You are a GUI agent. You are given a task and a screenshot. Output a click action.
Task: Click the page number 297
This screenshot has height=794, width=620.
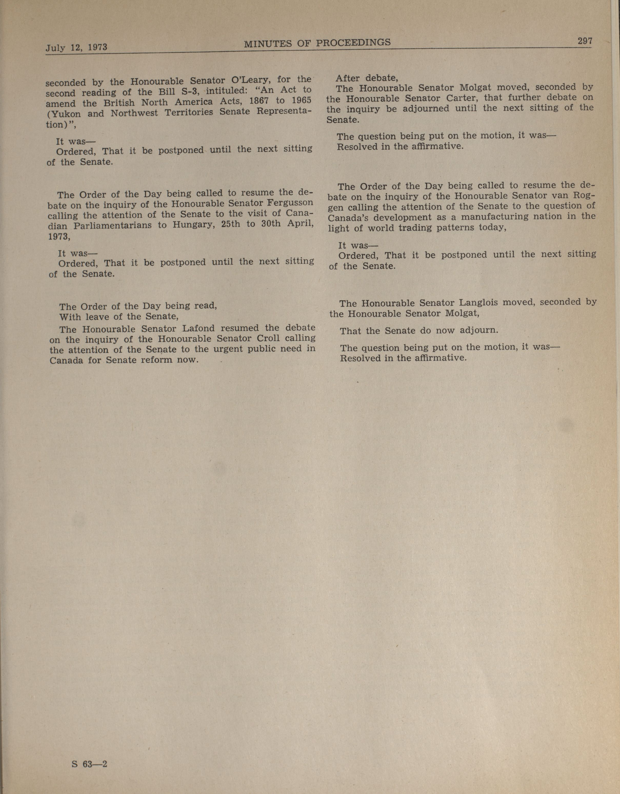[x=585, y=41]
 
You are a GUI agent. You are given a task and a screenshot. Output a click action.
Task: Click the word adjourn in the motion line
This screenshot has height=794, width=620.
[x=479, y=330]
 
